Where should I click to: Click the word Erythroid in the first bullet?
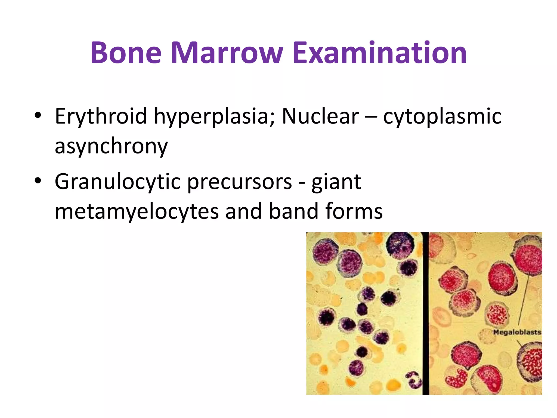[x=101, y=116]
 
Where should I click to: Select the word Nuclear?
[x=320, y=116]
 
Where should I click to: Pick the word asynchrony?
[x=111, y=146]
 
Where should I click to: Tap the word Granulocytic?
[x=117, y=182]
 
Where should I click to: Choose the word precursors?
[x=240, y=182]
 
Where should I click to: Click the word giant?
[x=336, y=182]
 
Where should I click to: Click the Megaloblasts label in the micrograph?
[x=517, y=332]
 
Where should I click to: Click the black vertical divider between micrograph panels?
[x=425, y=313]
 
